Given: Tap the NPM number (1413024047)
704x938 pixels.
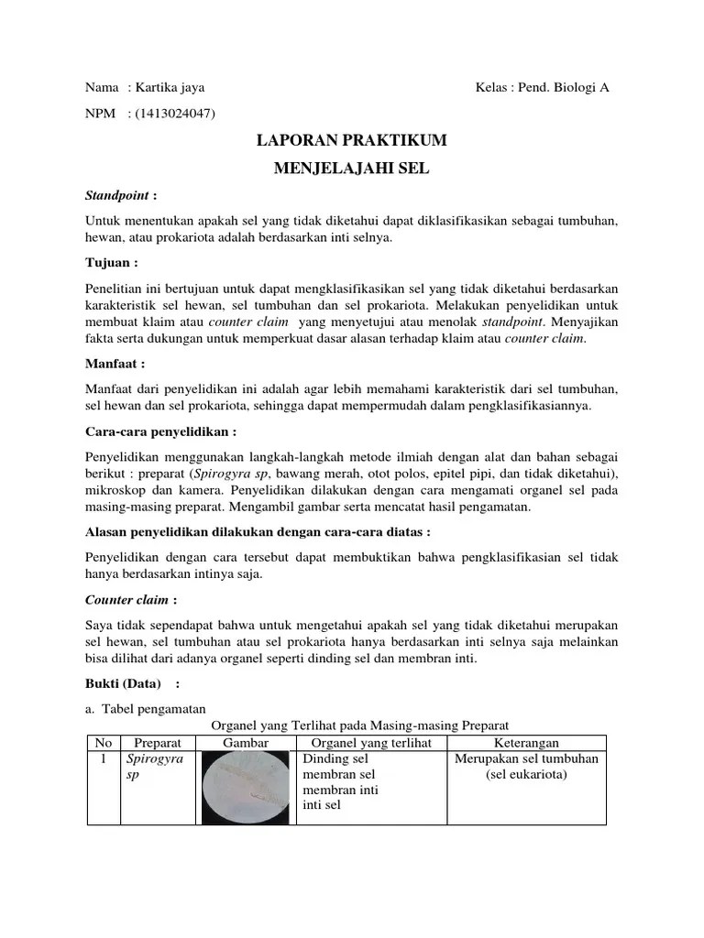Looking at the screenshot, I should [174, 114].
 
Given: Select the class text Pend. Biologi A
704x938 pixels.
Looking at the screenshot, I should [564, 88].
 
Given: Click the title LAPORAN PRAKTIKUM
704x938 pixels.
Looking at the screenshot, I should [351, 141].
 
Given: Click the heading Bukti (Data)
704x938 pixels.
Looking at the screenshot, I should [123, 683].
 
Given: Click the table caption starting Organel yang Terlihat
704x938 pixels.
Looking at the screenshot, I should [359, 725].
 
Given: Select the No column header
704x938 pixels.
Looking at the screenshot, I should [104, 743].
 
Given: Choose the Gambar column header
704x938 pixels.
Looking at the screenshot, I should [245, 743].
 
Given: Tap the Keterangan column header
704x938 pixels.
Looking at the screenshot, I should [526, 743].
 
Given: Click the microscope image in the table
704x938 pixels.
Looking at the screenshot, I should [245, 787].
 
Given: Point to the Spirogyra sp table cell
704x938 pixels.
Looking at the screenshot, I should [155, 767].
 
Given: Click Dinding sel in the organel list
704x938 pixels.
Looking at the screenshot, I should [335, 759].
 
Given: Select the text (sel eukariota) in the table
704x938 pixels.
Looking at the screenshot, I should [526, 775].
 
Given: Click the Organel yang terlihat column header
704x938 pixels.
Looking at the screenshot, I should [371, 743].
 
